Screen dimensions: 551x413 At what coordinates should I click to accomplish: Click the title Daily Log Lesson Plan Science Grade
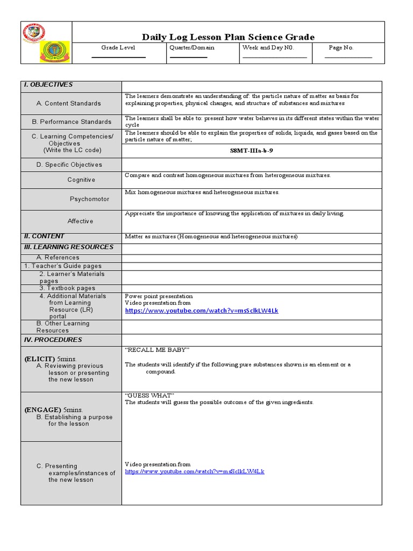point(228,37)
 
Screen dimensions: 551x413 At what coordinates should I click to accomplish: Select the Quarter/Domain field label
point(191,48)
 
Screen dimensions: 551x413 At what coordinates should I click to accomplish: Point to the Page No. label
point(341,48)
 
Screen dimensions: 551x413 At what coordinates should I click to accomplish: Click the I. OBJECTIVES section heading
point(48,85)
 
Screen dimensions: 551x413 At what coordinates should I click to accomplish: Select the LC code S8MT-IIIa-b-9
point(252,151)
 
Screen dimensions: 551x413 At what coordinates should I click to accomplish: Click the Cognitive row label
point(81,180)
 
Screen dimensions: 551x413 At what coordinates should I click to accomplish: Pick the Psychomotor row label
point(89,199)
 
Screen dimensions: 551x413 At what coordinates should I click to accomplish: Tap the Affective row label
point(80,221)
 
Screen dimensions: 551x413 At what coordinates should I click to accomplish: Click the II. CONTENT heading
point(44,236)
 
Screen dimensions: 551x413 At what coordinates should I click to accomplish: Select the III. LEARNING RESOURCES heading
point(68,247)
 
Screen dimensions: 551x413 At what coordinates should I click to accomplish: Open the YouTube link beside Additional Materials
point(202,311)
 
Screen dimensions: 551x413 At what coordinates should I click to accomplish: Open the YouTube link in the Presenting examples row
point(195,472)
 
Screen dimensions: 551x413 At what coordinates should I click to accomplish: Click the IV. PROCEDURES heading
point(53,340)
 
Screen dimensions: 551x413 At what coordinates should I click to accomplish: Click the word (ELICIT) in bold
point(39,359)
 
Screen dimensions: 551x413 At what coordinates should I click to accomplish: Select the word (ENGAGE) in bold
point(42,409)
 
